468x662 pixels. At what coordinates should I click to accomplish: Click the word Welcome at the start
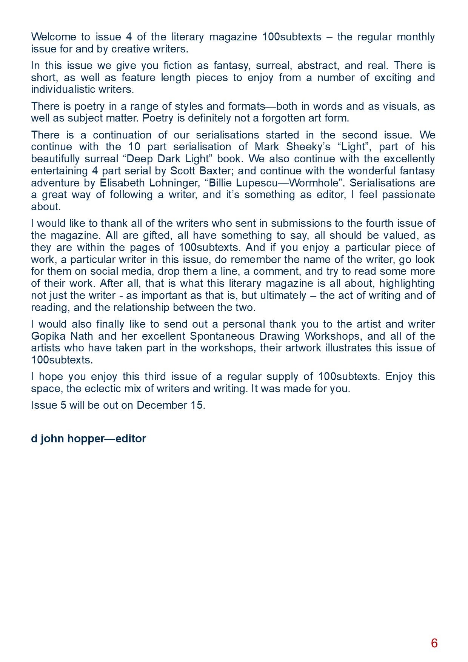tap(53, 37)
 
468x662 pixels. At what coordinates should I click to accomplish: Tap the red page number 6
tap(434, 643)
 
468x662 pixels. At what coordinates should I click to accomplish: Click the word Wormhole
tap(316, 183)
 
